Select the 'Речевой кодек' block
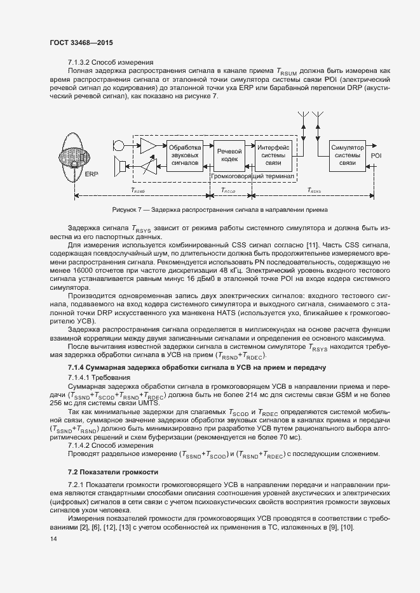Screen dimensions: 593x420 click(229, 155)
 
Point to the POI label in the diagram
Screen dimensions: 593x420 click(377, 155)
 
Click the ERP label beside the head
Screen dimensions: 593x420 click(91, 174)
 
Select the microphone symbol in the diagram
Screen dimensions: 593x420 click(119, 145)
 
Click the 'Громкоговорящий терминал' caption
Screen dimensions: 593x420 click(252, 178)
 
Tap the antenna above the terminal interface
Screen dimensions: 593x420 click(301, 121)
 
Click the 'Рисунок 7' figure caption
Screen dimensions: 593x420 click(219, 210)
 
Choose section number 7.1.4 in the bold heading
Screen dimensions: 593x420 click(79, 368)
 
